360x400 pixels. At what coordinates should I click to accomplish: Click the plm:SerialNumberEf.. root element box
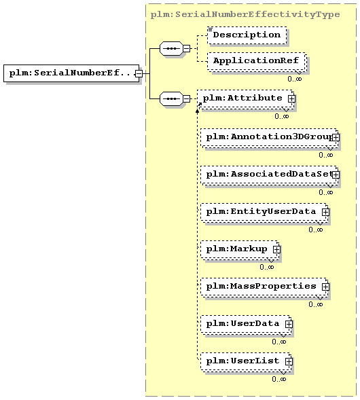point(71,73)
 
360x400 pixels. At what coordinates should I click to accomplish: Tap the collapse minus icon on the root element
point(139,74)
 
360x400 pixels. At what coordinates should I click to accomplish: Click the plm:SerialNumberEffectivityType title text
point(245,14)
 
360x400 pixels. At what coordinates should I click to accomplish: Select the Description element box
point(247,35)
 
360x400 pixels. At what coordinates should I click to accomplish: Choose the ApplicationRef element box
point(257,62)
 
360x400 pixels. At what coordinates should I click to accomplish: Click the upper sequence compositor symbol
point(171,48)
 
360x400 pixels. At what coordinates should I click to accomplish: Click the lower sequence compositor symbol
point(171,98)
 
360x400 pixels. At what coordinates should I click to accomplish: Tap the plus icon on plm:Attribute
point(291,98)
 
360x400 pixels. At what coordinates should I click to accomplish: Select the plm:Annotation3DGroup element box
point(269,138)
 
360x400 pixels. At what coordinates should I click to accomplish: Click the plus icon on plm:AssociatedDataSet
point(336,175)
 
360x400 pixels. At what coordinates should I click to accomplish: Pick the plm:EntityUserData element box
point(264,212)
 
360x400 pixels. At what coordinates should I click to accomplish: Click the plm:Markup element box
point(240,249)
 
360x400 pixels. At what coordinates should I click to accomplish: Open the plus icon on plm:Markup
point(276,249)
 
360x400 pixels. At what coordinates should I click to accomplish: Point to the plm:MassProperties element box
point(264,287)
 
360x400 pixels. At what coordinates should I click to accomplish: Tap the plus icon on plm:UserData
point(289,324)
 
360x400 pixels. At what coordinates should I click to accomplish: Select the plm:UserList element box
point(246,361)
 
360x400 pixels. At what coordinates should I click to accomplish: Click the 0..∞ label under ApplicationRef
point(295,79)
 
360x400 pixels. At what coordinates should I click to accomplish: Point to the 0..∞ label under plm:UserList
point(279,379)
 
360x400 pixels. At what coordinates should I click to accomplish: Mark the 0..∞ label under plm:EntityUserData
point(316,230)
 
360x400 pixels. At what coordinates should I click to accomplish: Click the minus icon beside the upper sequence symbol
point(187,48)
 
